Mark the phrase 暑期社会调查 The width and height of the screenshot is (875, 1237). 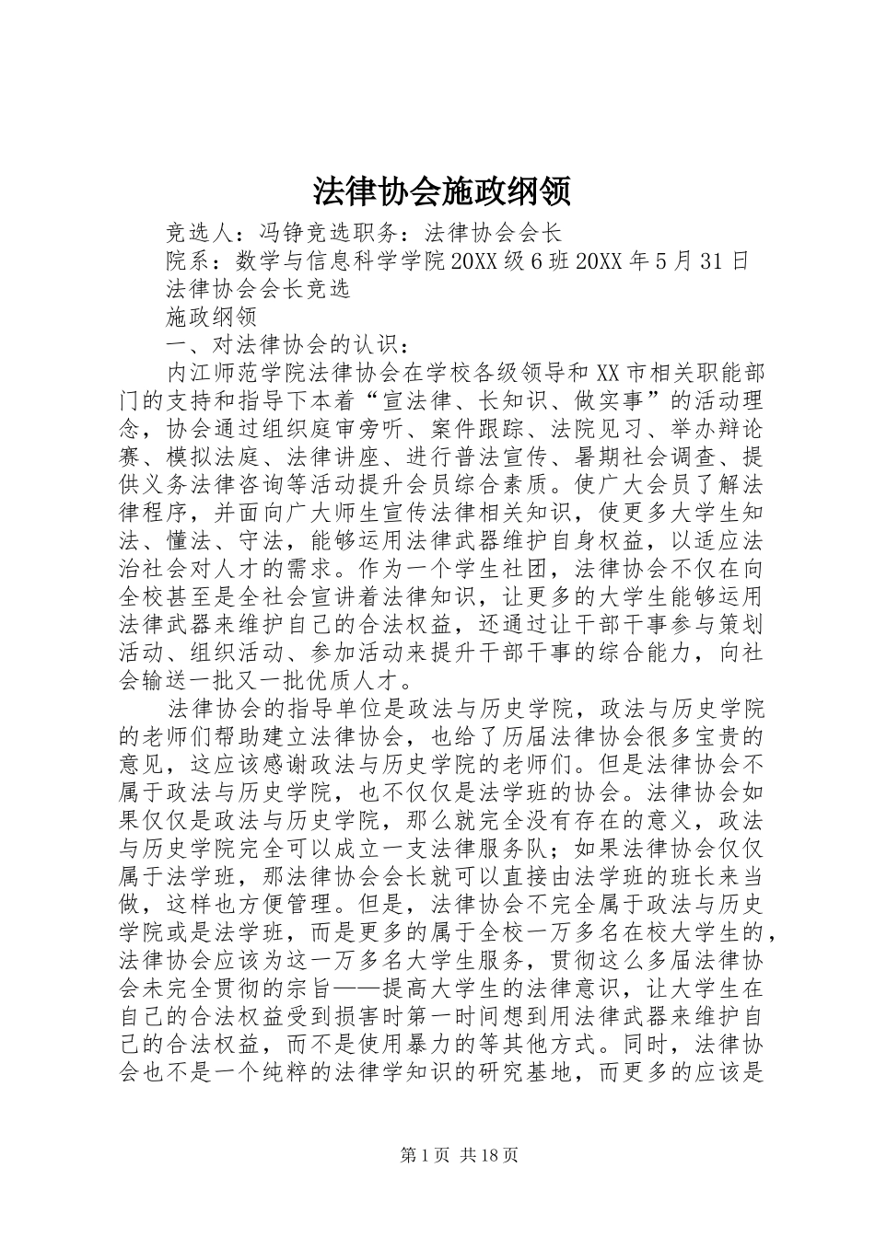tap(656, 457)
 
